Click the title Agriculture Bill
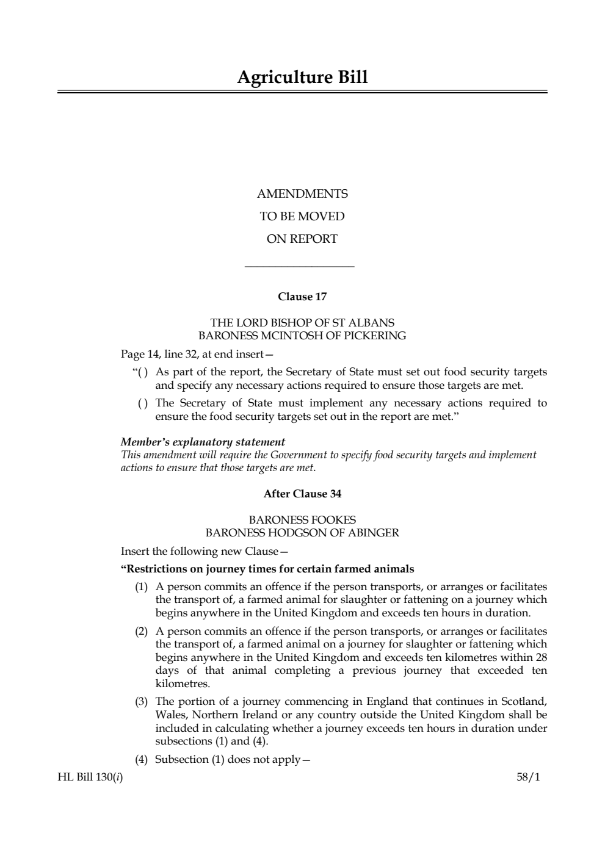(x=302, y=78)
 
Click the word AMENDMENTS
(x=302, y=194)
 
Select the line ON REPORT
(x=302, y=239)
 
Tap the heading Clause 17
(x=302, y=297)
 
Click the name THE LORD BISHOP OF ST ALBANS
(x=302, y=322)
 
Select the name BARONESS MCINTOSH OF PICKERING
(x=302, y=336)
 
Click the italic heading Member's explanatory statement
(x=203, y=442)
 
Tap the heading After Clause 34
(x=302, y=494)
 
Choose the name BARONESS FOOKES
(x=302, y=520)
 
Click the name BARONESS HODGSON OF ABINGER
(x=302, y=533)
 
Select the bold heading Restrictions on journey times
(x=267, y=569)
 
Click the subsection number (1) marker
(x=142, y=587)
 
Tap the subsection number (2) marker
(x=142, y=631)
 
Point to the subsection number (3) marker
(x=142, y=702)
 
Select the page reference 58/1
(x=528, y=777)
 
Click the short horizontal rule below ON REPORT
(x=299, y=266)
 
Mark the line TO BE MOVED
(x=302, y=217)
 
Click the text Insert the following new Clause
(x=204, y=552)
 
